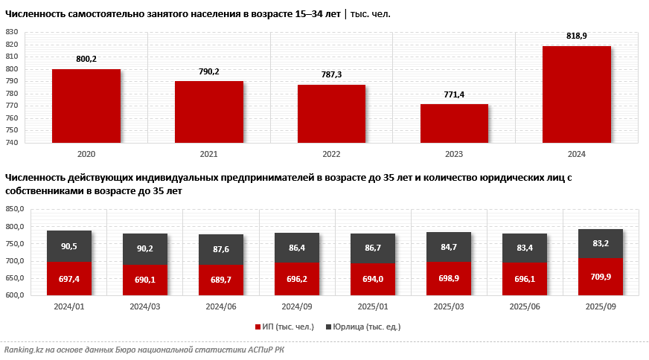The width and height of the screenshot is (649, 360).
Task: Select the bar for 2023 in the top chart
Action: click(454, 123)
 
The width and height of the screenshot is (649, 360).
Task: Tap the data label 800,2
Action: click(86, 59)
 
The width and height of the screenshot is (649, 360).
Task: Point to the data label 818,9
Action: click(577, 36)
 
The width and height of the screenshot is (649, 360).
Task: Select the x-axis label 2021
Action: click(209, 155)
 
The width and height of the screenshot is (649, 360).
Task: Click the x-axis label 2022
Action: click(331, 155)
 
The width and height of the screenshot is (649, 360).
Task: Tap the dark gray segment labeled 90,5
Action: click(69, 246)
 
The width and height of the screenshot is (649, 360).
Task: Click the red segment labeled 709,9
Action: click(601, 277)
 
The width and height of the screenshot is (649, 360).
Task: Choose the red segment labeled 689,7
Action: click(221, 280)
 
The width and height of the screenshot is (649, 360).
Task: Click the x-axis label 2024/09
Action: click(297, 306)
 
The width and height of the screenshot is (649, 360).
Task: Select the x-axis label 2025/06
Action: click(525, 306)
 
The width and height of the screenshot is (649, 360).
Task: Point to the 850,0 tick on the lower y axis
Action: click(15, 209)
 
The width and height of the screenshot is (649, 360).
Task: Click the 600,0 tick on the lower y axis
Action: click(15, 295)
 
